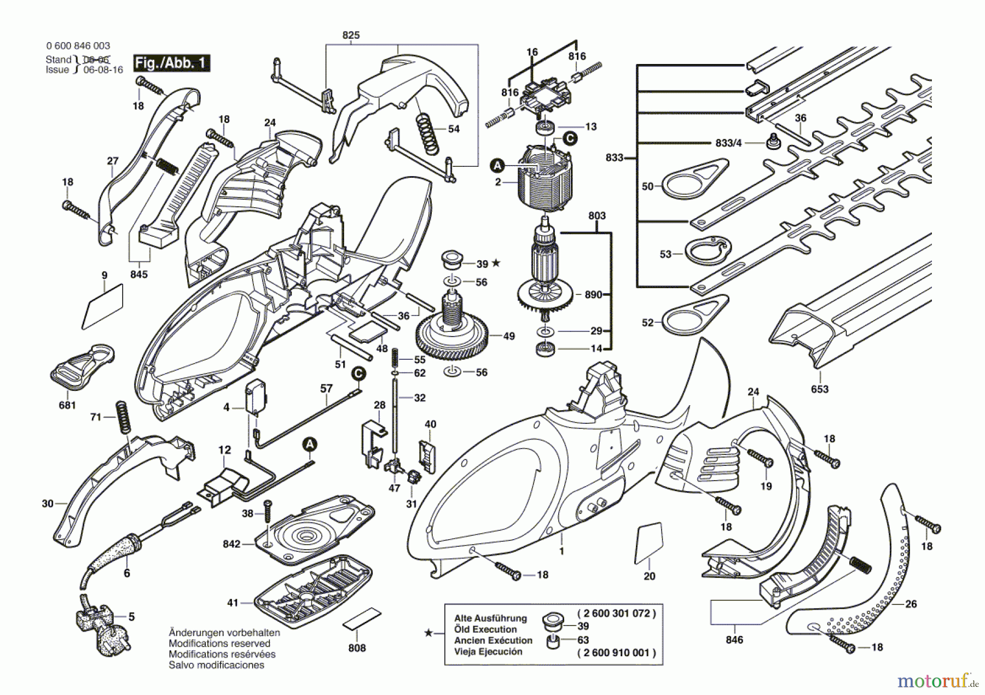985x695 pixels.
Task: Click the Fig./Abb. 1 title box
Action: (x=172, y=63)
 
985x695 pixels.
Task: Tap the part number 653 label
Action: (x=819, y=389)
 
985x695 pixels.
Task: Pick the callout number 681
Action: (x=67, y=405)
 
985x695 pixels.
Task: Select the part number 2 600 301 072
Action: (x=616, y=614)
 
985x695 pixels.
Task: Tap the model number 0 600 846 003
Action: (x=78, y=46)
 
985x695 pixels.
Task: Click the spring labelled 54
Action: (x=428, y=133)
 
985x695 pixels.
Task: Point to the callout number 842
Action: (x=231, y=544)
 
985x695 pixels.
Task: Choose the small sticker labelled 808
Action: (x=361, y=618)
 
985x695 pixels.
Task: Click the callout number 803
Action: (x=597, y=215)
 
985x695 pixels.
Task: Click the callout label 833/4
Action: (x=728, y=143)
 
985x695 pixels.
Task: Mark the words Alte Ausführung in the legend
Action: (x=490, y=618)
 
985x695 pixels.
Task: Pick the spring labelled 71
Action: (x=123, y=418)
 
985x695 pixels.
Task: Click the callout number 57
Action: (x=326, y=388)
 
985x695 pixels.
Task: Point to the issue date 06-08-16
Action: (x=103, y=69)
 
